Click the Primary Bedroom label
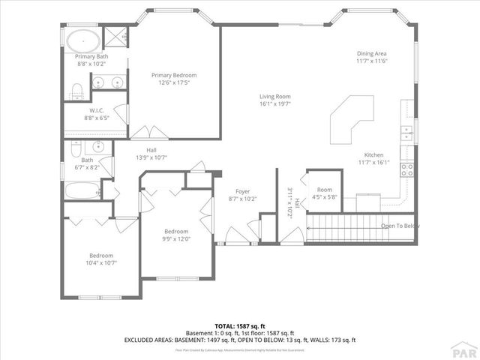(173, 75)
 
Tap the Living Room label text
(274, 97)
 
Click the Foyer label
(242, 192)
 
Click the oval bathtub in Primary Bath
(83, 40)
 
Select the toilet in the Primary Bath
(77, 91)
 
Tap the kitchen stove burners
(408, 169)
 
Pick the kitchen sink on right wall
(406, 133)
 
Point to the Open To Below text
(400, 226)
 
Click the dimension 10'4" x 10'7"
(101, 262)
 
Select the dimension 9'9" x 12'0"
(177, 239)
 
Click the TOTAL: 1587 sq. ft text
(239, 326)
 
